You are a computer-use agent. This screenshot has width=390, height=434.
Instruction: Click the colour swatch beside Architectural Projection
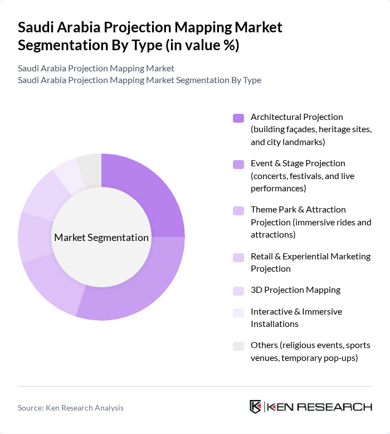click(238, 118)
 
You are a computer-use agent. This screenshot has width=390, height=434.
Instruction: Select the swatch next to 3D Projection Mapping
click(238, 291)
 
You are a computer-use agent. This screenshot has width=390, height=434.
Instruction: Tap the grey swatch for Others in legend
click(238, 346)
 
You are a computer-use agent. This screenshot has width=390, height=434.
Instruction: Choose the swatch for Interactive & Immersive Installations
click(238, 312)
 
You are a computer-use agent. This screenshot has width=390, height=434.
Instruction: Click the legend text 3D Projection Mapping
click(295, 290)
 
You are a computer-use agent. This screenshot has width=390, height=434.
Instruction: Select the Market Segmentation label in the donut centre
click(101, 238)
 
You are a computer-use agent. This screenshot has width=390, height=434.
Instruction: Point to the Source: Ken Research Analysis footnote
click(71, 408)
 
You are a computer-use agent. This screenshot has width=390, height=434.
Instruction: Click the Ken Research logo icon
click(256, 407)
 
